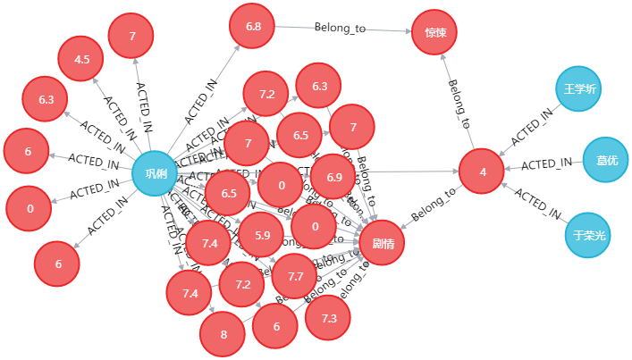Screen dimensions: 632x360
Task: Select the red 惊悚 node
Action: click(434, 33)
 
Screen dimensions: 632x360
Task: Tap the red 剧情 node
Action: click(382, 242)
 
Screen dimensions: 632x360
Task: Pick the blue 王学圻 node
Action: click(578, 89)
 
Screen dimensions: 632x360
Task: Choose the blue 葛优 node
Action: click(606, 160)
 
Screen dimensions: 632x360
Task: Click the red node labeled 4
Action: click(483, 172)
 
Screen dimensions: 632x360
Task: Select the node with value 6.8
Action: click(253, 28)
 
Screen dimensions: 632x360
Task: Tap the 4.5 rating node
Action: click(81, 60)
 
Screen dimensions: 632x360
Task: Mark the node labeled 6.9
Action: click(333, 177)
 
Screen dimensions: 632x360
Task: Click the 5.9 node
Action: click(262, 235)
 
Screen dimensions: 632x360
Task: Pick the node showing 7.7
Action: click(295, 276)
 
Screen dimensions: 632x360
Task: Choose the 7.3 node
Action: click(328, 318)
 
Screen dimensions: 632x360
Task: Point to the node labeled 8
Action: click(222, 335)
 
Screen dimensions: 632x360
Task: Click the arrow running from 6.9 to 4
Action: click(407, 171)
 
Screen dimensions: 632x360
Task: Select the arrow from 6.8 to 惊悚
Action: click(340, 29)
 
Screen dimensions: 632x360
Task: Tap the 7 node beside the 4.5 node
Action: click(131, 37)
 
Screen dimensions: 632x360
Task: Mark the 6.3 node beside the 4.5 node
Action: click(46, 100)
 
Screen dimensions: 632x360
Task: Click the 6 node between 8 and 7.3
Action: click(275, 326)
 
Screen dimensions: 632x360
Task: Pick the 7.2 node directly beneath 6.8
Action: click(266, 95)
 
